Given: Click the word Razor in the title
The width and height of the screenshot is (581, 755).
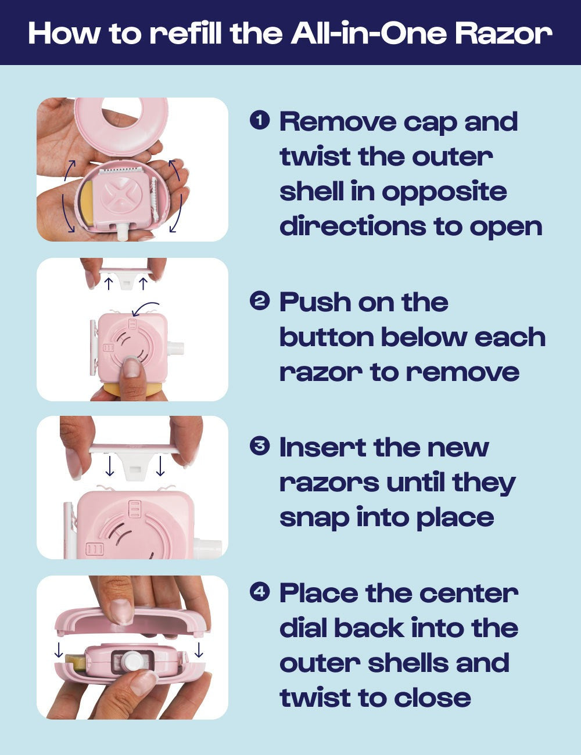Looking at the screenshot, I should tap(503, 33).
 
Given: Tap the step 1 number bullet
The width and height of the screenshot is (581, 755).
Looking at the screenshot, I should tap(260, 120).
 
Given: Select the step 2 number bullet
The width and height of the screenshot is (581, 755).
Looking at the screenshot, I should tap(260, 301).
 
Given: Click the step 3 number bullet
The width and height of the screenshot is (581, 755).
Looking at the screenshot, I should tap(260, 446).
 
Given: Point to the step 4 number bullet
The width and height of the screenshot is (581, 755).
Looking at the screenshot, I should tap(260, 592).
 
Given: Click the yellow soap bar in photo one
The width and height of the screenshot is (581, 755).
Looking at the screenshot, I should tap(89, 207).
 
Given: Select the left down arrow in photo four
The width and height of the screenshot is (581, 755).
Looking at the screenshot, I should tap(58, 650).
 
